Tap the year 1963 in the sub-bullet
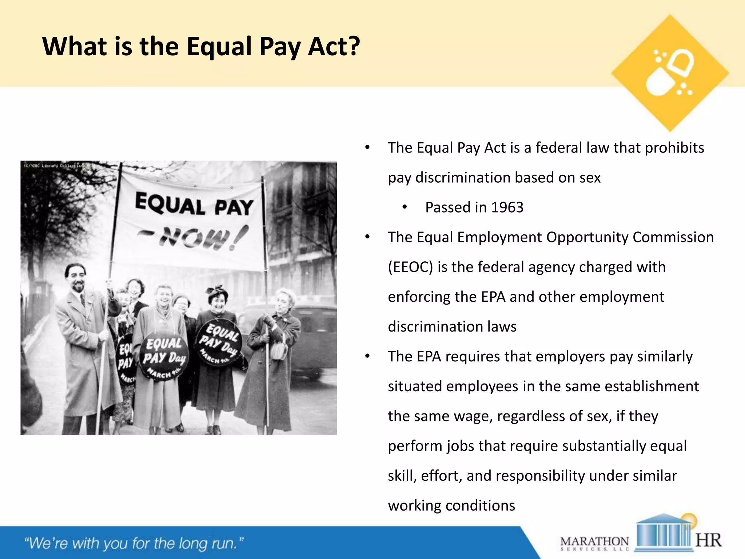click(x=507, y=207)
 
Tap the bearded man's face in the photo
click(x=77, y=278)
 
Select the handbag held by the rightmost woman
click(x=279, y=348)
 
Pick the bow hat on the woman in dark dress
click(x=217, y=292)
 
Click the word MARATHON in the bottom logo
click(x=594, y=541)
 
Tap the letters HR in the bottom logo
click(x=708, y=540)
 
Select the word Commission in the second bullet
click(x=673, y=237)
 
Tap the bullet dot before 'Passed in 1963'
click(x=405, y=207)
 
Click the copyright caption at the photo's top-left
click(x=55, y=166)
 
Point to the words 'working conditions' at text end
click(x=451, y=506)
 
